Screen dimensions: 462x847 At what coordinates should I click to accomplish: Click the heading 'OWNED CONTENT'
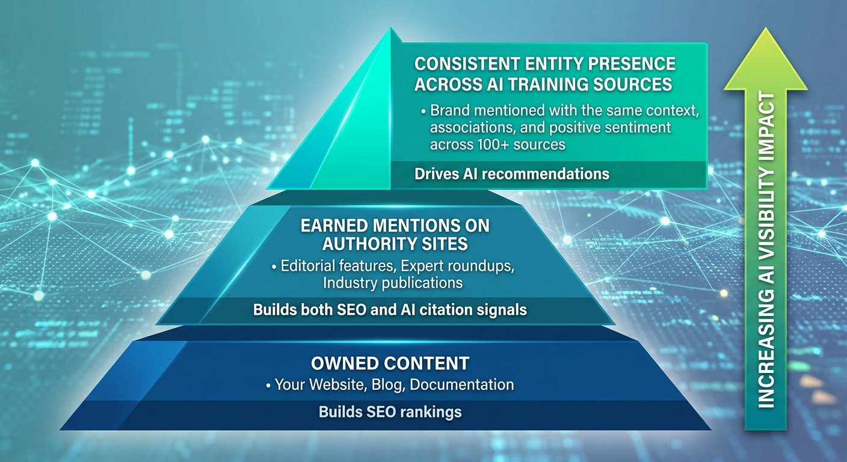[x=390, y=363]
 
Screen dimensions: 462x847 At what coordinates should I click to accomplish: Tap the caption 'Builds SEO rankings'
[x=390, y=412]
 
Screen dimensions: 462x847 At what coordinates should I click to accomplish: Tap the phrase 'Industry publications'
[x=392, y=282]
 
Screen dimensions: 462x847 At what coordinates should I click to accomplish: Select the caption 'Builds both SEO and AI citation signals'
[x=390, y=310]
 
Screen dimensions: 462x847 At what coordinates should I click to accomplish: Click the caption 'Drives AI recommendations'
[x=512, y=174]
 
